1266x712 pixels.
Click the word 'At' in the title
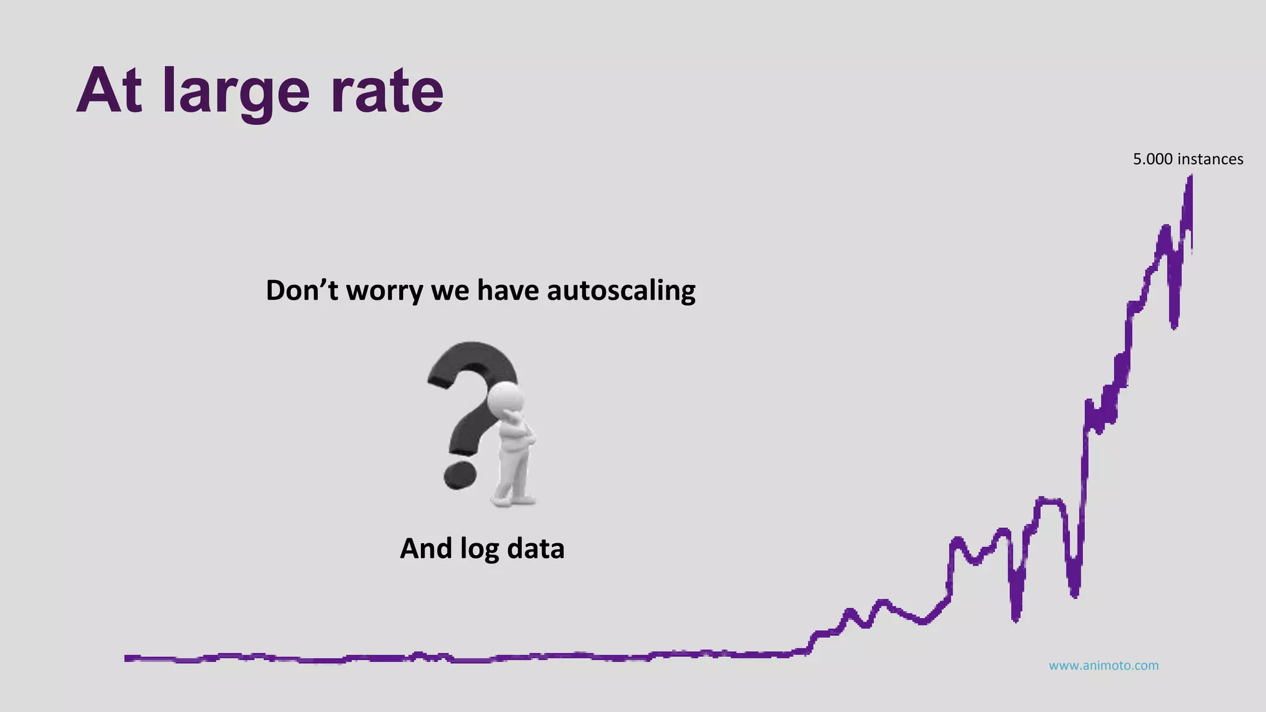pyautogui.click(x=109, y=91)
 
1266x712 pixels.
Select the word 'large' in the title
pyautogui.click(x=236, y=93)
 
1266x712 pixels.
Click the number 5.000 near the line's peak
pyautogui.click(x=1152, y=159)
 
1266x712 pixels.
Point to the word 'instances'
pyautogui.click(x=1210, y=159)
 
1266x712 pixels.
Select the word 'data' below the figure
pyautogui.click(x=535, y=549)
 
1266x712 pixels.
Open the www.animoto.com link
pyautogui.click(x=1103, y=666)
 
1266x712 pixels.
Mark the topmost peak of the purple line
pyautogui.click(x=1190, y=178)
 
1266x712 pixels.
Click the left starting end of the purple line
pyautogui.click(x=127, y=658)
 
